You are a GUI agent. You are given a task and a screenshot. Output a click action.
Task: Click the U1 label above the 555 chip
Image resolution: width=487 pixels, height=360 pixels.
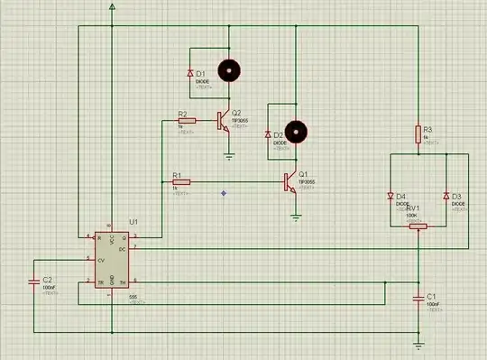[133, 220]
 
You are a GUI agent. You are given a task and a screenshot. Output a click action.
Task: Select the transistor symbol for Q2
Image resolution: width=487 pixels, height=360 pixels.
[222, 122]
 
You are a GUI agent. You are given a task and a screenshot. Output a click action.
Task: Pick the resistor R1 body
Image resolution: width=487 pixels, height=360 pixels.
[181, 182]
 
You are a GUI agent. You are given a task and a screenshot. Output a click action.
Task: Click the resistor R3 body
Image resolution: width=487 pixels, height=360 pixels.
[419, 134]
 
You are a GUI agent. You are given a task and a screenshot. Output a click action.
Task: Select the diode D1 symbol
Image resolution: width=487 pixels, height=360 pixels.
[190, 72]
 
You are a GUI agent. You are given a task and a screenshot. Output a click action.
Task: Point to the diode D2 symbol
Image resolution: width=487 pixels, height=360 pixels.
[268, 134]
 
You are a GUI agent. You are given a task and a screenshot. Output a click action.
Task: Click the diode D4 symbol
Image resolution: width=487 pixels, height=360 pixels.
[390, 196]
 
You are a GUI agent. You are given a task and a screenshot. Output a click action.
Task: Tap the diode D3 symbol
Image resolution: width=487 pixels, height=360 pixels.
[447, 196]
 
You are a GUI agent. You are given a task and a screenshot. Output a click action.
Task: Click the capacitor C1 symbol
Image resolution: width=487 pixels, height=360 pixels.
[419, 296]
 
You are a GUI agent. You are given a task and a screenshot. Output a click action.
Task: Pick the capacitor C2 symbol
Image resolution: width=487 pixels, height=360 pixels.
[34, 282]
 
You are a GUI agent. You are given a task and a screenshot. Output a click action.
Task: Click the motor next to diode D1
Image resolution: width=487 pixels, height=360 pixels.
[231, 69]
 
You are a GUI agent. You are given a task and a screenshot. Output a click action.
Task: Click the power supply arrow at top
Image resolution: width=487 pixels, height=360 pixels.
[112, 6]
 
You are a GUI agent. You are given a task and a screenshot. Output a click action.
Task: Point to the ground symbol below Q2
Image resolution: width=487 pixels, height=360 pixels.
[231, 156]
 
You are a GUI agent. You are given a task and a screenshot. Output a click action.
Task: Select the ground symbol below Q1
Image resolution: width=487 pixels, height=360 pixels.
[297, 217]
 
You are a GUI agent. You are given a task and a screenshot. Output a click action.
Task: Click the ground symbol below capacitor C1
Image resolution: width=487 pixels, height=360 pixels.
[419, 344]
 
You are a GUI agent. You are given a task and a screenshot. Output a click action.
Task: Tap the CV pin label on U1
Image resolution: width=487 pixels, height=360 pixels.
[101, 258]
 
